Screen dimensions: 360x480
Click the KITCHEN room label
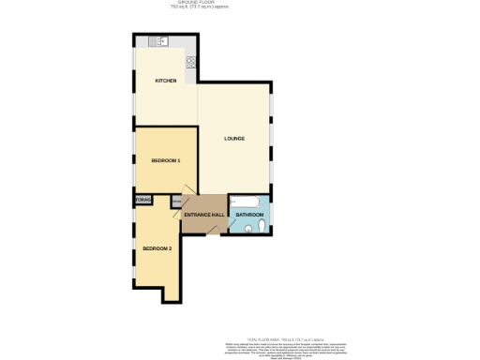[166, 81]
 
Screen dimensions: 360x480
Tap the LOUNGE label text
[234, 139]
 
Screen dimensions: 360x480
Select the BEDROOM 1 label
[166, 160]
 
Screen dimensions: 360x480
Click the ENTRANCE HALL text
[203, 216]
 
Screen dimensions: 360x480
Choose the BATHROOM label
[248, 216]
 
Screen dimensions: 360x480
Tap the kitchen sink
[161, 42]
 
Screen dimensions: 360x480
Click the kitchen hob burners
[191, 64]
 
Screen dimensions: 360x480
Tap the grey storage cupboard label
[142, 200]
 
